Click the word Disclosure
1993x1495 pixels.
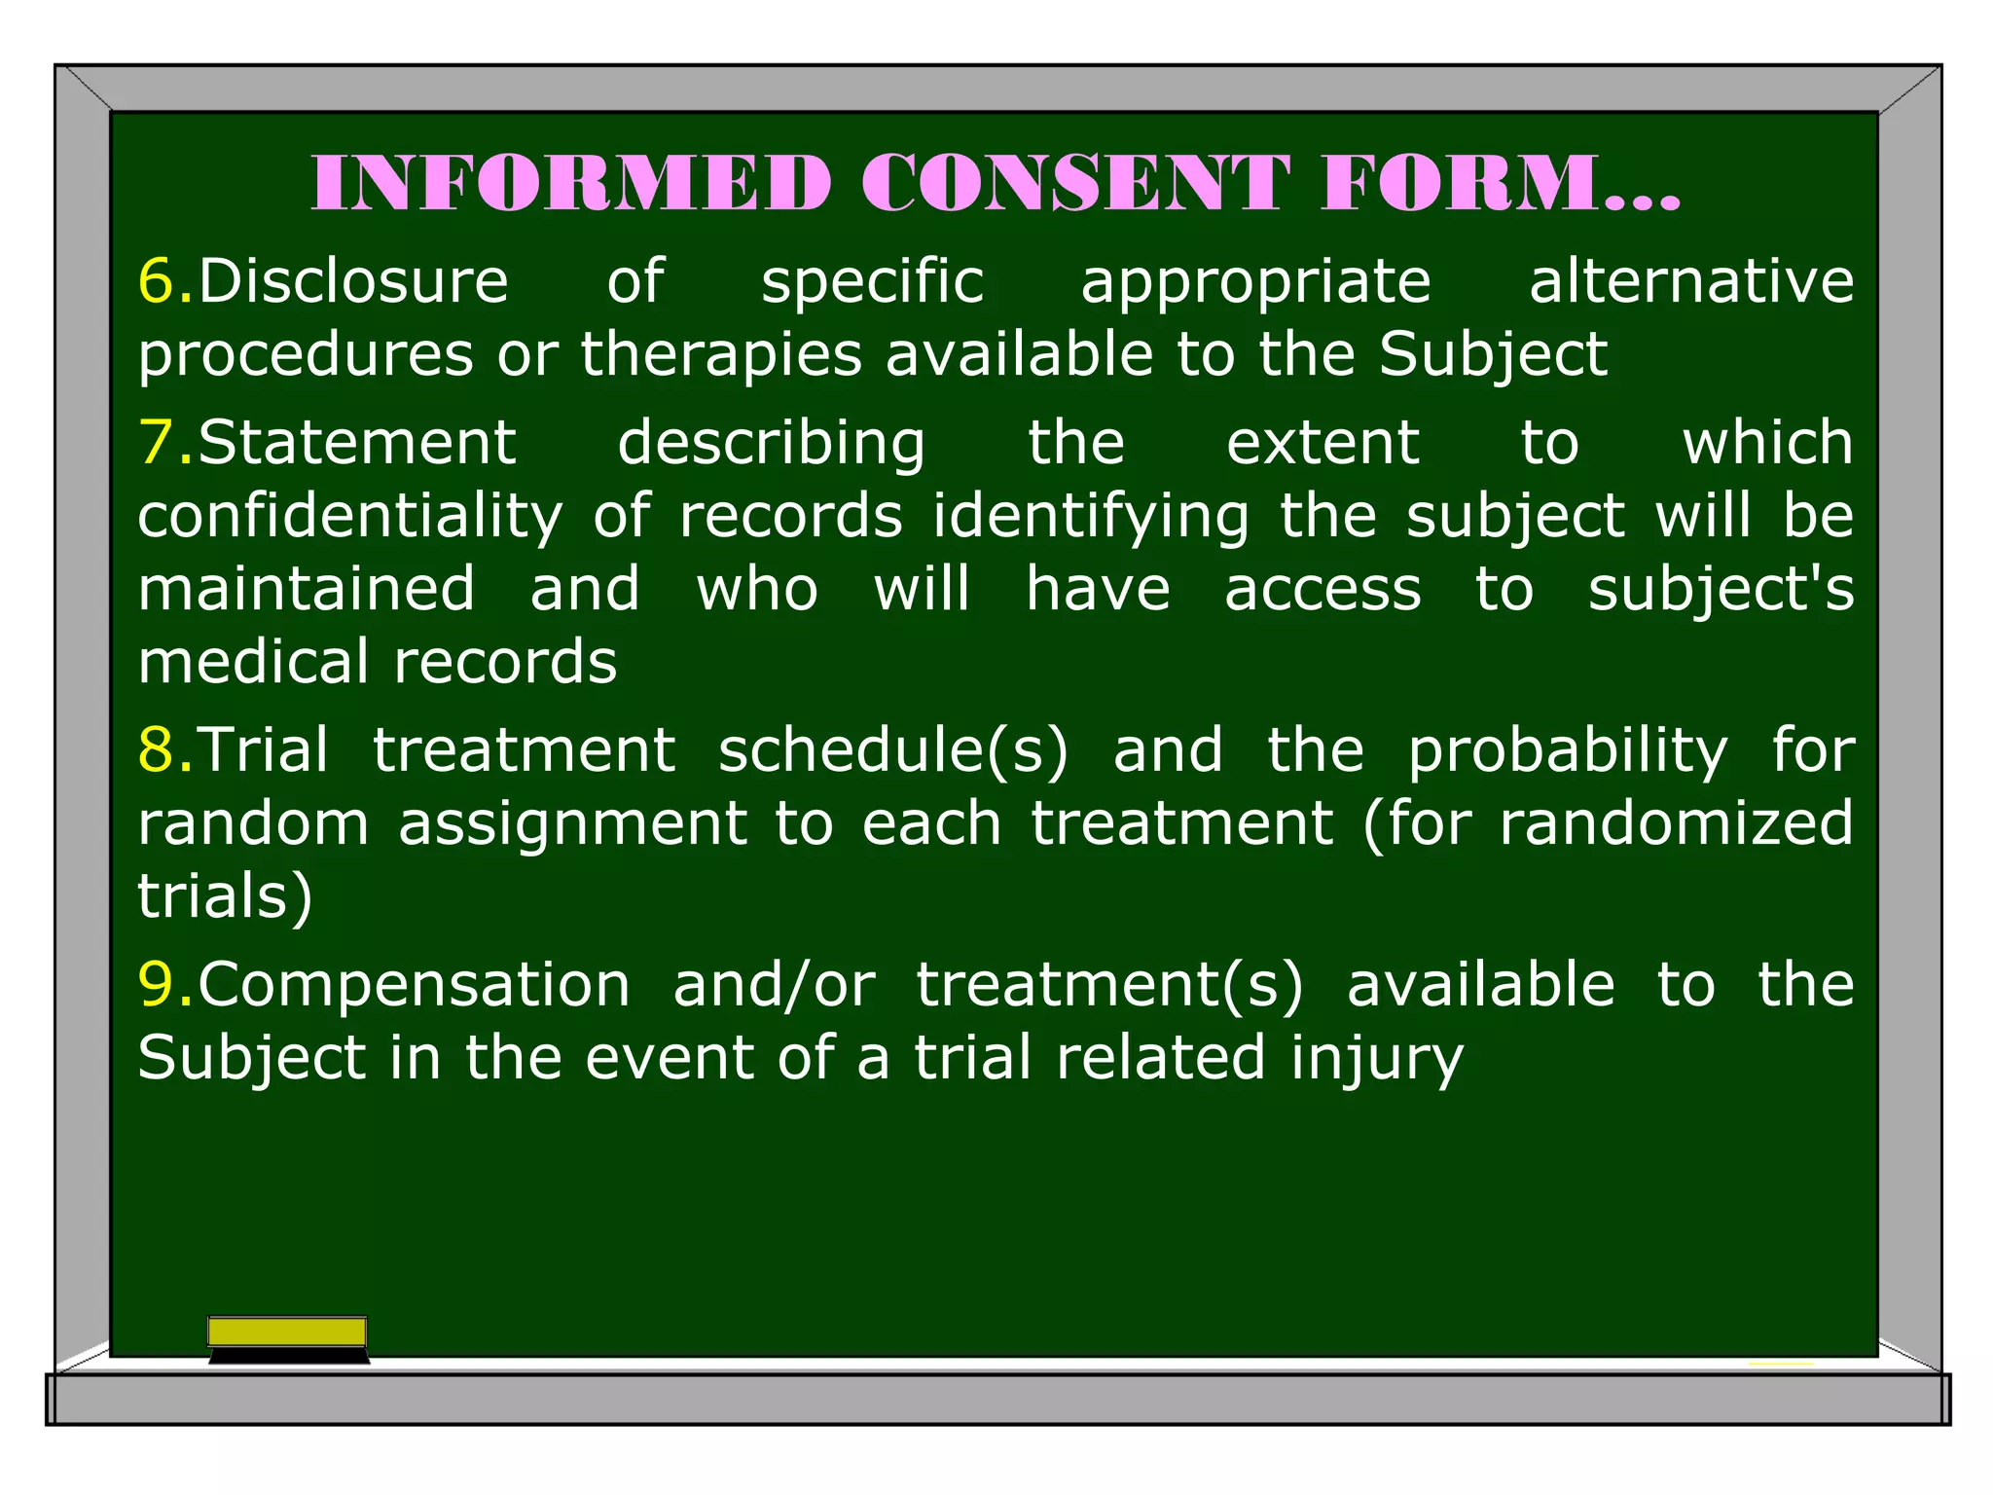click(353, 281)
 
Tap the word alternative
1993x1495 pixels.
click(1691, 281)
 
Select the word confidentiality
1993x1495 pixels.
click(350, 516)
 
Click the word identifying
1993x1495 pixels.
click(1091, 518)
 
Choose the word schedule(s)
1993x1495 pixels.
click(893, 751)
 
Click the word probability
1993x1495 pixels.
click(1568, 751)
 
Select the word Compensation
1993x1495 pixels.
click(415, 985)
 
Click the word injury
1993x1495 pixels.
click(1377, 1059)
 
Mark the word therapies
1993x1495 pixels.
click(721, 354)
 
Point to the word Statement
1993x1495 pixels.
click(357, 443)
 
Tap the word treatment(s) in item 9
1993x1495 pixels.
click(1109, 985)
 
